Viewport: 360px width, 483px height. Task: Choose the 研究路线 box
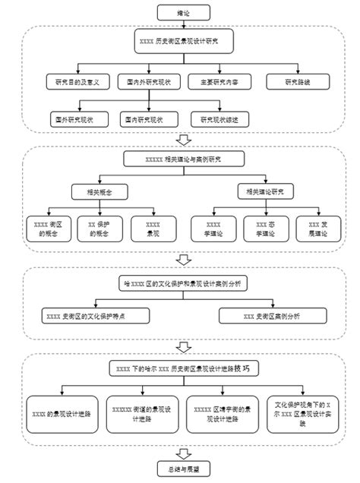(x=297, y=80)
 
